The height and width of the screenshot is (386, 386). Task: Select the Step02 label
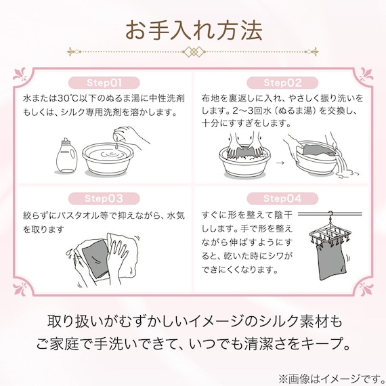click(282, 83)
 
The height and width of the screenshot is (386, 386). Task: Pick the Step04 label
click(282, 198)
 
